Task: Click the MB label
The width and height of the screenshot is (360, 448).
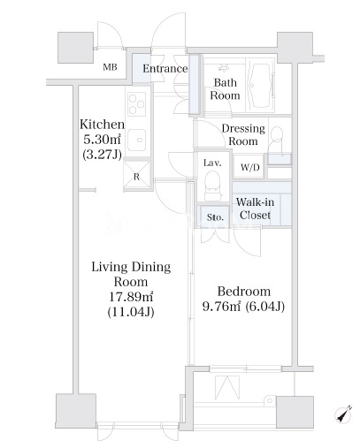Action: [110, 67]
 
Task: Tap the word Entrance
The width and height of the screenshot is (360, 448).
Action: [165, 69]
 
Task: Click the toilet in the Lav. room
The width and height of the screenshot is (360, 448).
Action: [212, 185]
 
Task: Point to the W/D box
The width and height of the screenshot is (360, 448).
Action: [249, 167]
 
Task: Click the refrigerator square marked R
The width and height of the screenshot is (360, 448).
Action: [136, 175]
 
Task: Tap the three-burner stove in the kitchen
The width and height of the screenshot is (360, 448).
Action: [136, 103]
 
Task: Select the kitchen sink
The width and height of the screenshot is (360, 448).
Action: [136, 140]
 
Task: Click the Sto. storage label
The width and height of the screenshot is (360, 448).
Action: [215, 217]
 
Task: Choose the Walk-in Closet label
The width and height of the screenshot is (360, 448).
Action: [255, 209]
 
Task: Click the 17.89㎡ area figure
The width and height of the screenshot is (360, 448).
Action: [131, 297]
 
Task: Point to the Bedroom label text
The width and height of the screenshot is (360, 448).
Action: [244, 292]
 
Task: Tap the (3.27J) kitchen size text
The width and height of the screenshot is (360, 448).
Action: [102, 154]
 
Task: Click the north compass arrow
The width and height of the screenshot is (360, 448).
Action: [343, 414]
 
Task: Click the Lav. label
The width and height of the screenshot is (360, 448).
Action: [212, 163]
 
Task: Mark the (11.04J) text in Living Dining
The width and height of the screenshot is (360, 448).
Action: [131, 312]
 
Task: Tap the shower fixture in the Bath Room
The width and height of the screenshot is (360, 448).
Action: [224, 68]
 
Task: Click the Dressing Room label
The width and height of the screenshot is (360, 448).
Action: [243, 135]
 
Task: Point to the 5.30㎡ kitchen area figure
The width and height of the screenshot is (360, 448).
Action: [102, 140]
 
